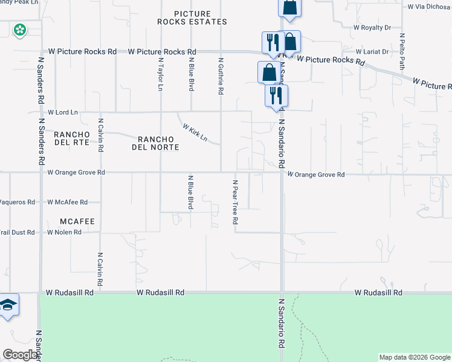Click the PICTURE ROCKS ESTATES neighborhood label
192,17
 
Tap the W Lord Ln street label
63,112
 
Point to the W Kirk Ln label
195,133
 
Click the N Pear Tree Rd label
235,202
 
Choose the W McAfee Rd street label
67,202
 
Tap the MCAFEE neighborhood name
77,221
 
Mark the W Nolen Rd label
64,232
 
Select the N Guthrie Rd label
221,76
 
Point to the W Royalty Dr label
372,28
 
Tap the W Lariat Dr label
372,52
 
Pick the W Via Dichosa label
428,7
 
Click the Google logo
21,355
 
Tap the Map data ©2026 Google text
414,357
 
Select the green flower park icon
19,29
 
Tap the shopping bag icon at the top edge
289,7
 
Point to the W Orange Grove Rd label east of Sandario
316,175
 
